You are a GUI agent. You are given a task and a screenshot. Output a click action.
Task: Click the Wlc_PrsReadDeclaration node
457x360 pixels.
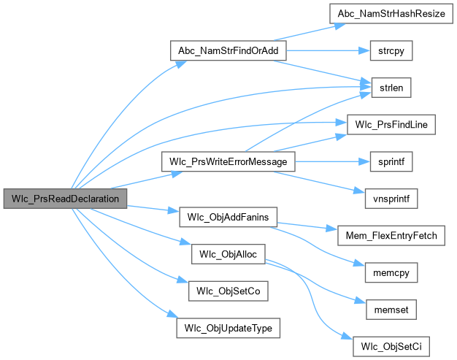pyautogui.click(x=65, y=198)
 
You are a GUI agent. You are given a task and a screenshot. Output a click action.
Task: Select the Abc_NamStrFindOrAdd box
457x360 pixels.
pyautogui.click(x=228, y=51)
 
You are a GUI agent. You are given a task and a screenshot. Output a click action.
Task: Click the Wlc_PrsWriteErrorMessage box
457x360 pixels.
pyautogui.click(x=228, y=161)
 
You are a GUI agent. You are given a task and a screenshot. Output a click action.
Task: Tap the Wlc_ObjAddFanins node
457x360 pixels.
pyautogui.click(x=228, y=217)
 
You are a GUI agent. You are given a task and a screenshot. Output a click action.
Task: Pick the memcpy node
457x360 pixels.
pyautogui.click(x=387, y=272)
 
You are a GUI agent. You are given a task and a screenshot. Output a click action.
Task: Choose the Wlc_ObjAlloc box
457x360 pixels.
pyautogui.click(x=228, y=253)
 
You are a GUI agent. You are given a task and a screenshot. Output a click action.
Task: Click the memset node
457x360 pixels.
pyautogui.click(x=387, y=309)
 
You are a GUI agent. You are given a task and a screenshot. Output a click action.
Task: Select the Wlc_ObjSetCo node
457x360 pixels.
pyautogui.click(x=228, y=290)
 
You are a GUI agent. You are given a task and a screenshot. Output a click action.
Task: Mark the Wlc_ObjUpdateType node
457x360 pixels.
pyautogui.click(x=228, y=327)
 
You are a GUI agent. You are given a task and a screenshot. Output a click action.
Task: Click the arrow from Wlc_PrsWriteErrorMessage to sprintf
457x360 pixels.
pyautogui.click(x=329, y=161)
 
